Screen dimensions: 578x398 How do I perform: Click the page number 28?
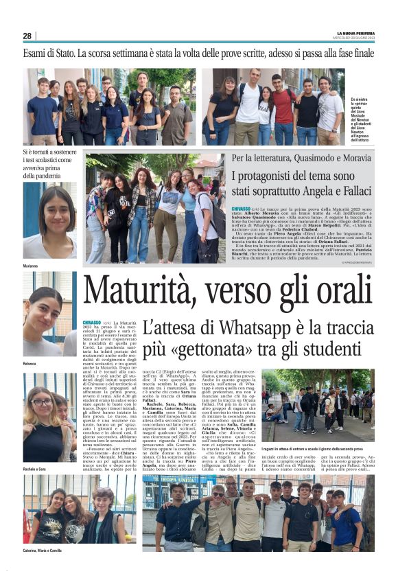(x=27, y=36)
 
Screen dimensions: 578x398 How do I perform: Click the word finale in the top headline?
(x=358, y=53)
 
